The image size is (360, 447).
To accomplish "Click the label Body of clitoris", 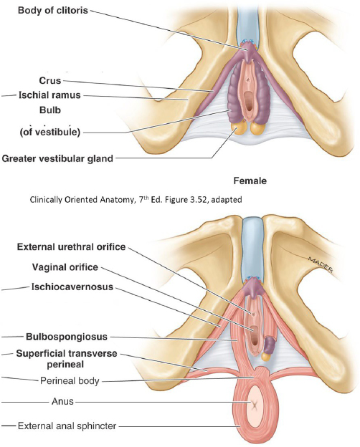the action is pyautogui.click(x=53, y=10).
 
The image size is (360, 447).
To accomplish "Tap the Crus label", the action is pyautogui.click(x=50, y=81).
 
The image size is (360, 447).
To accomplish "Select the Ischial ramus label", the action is pyautogui.click(x=49, y=95).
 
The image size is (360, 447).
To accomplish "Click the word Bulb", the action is pyautogui.click(x=50, y=110).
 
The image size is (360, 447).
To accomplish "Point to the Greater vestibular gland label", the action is pyautogui.click(x=57, y=158).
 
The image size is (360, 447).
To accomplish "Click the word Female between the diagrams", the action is pyautogui.click(x=250, y=181).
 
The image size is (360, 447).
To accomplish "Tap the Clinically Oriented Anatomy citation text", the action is pyautogui.click(x=136, y=199).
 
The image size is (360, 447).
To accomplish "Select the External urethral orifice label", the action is pyautogui.click(x=72, y=246).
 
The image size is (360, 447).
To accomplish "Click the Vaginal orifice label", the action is pyautogui.click(x=65, y=267).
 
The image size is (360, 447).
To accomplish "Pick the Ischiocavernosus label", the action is pyautogui.click(x=72, y=287).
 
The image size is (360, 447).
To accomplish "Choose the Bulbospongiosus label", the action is pyautogui.click(x=67, y=337).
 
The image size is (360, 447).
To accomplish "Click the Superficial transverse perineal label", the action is pyautogui.click(x=67, y=359).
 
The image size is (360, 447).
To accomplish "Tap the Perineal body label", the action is pyautogui.click(x=70, y=380).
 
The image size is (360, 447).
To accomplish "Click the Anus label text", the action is pyautogui.click(x=62, y=401).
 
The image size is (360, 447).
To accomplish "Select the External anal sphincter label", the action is pyautogui.click(x=67, y=426).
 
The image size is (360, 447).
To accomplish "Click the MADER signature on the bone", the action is pyautogui.click(x=321, y=264).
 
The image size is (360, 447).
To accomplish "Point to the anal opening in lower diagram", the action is pyautogui.click(x=254, y=404).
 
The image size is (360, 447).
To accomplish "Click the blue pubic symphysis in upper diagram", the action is pyautogui.click(x=247, y=25).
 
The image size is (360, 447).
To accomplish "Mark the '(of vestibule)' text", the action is pyautogui.click(x=50, y=132).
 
